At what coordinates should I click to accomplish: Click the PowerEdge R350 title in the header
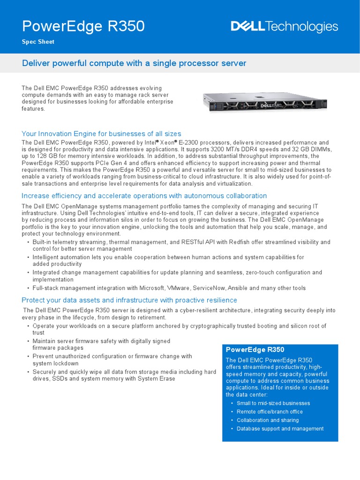(x=83, y=27)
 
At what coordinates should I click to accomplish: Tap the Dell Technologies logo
(x=284, y=27)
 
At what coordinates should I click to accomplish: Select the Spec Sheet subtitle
(x=38, y=42)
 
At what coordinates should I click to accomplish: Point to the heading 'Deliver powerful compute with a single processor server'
(x=134, y=63)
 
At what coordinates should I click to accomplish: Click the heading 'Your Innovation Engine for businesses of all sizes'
(x=102, y=134)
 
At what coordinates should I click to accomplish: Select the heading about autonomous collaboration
(x=144, y=195)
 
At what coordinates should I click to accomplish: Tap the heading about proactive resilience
(x=129, y=300)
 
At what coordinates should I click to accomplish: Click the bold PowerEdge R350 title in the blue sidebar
(x=255, y=350)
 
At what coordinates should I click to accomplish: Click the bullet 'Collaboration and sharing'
(x=268, y=420)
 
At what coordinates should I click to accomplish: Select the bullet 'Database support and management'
(x=280, y=428)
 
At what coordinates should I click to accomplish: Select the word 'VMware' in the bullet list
(x=178, y=288)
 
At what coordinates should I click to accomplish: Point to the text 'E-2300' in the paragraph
(x=186, y=142)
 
